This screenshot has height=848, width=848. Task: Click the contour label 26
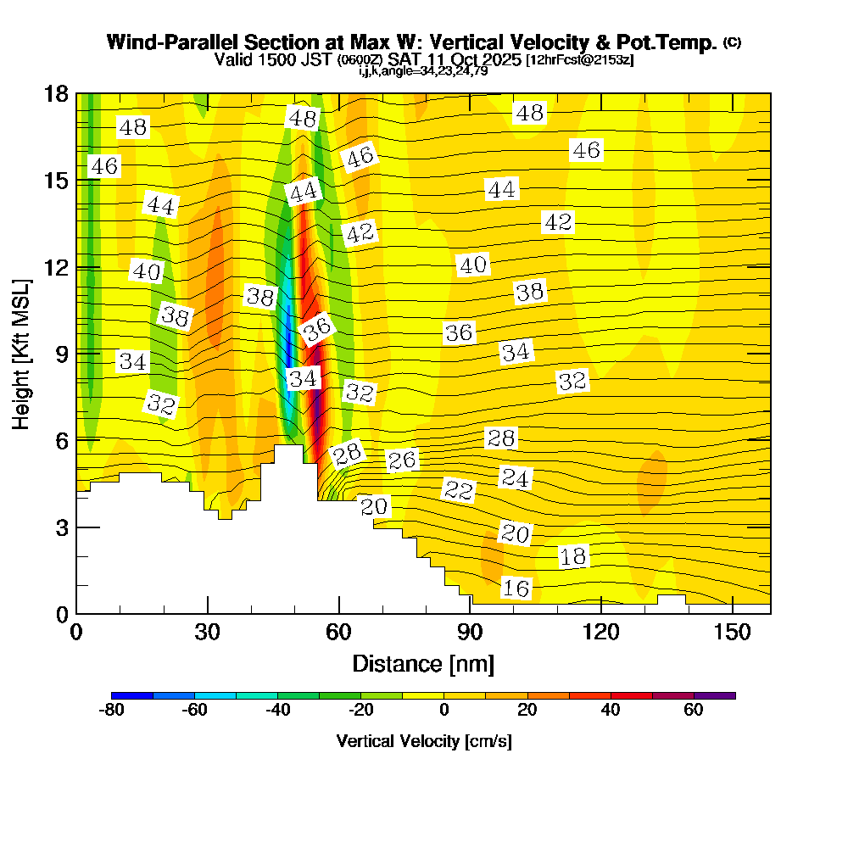click(403, 460)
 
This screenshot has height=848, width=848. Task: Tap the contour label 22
click(459, 490)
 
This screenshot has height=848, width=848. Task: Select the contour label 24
click(515, 478)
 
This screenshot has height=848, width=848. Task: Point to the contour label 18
click(573, 557)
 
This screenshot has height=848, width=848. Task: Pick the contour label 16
click(516, 589)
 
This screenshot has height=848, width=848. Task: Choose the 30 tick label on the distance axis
click(208, 633)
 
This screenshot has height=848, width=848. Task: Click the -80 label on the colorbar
click(112, 711)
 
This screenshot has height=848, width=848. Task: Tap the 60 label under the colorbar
click(694, 711)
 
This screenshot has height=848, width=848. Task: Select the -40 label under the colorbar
click(278, 711)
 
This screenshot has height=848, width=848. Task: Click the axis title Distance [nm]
click(423, 663)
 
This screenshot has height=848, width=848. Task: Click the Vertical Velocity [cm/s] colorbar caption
click(423, 741)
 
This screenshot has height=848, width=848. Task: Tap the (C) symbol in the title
click(733, 42)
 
